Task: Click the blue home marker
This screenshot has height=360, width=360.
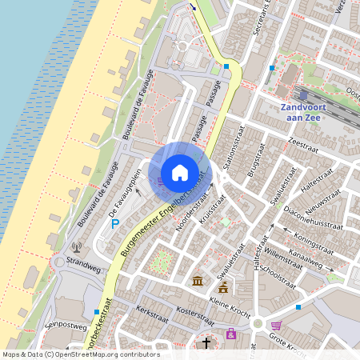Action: [x=180, y=172]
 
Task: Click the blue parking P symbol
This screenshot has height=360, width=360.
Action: [x=115, y=224]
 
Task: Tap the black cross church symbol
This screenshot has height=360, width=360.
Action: [x=206, y=342]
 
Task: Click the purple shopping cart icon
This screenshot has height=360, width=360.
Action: [x=277, y=326]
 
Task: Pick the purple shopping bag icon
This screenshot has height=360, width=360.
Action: [x=231, y=334]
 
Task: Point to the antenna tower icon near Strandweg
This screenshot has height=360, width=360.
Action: [x=77, y=247]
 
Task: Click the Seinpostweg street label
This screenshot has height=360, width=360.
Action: [x=66, y=326]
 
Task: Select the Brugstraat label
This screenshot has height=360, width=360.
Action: [x=255, y=160]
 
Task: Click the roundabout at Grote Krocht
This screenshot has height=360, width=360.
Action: [x=258, y=325]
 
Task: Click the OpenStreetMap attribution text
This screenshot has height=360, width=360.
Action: [x=81, y=354]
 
